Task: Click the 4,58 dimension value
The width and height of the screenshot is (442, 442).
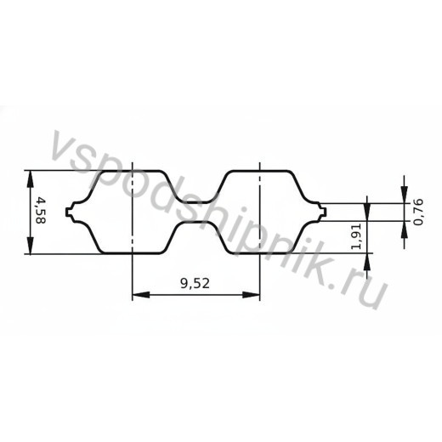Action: tap(41, 211)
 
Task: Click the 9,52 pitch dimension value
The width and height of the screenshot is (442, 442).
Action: tap(195, 283)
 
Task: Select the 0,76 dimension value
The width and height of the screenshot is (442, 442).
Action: tap(418, 212)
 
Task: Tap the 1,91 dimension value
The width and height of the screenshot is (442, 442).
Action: tap(356, 235)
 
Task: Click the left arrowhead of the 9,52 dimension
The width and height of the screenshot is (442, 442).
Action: tap(141, 295)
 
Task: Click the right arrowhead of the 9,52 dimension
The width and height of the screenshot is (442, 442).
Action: tap(252, 295)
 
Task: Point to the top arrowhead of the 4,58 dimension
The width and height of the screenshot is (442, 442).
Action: tap(30, 178)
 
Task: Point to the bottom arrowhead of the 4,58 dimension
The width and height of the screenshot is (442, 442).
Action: tap(30, 246)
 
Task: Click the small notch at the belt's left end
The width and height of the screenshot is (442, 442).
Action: tap(69, 212)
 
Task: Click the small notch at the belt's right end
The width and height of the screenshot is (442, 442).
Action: tap(323, 212)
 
